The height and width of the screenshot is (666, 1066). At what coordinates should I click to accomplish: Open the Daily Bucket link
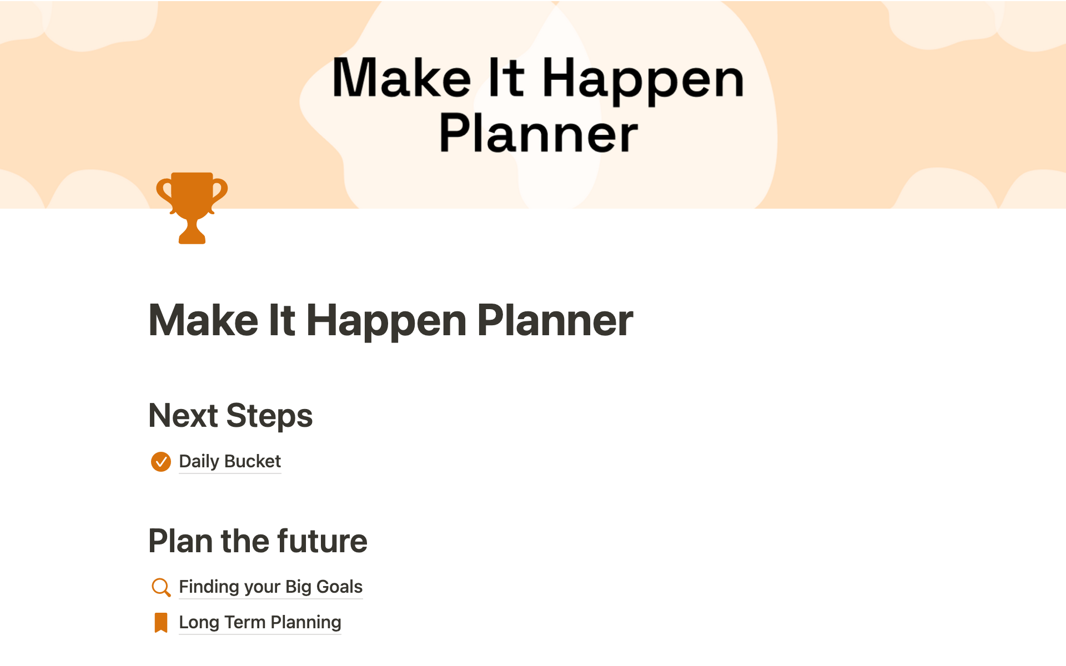[x=230, y=461]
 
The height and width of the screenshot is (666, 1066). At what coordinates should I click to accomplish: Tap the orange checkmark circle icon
[x=161, y=461]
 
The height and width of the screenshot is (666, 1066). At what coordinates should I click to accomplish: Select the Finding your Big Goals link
[x=270, y=587]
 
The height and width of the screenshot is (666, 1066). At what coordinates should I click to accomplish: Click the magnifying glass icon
[x=160, y=587]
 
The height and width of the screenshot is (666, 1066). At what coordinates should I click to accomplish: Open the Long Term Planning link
[x=260, y=622]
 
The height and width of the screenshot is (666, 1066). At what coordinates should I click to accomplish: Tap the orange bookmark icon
[x=161, y=623]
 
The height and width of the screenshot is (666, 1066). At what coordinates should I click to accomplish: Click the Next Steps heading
[x=230, y=416]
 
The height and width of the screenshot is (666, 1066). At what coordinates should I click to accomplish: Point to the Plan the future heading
[x=258, y=541]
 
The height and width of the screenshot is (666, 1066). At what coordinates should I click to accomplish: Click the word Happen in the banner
[x=642, y=80]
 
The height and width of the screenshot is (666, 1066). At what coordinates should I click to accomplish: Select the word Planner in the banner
[x=539, y=133]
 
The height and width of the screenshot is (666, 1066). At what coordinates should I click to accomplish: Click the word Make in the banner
[x=401, y=77]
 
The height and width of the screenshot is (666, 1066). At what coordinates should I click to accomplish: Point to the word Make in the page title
[x=203, y=320]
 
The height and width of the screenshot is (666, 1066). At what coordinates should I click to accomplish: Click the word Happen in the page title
[x=386, y=322]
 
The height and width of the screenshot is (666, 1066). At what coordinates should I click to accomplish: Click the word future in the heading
[x=322, y=541]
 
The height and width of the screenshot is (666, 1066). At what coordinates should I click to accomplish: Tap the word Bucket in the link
[x=253, y=461]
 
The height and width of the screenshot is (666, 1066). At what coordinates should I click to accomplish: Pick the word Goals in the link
[x=339, y=587]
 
